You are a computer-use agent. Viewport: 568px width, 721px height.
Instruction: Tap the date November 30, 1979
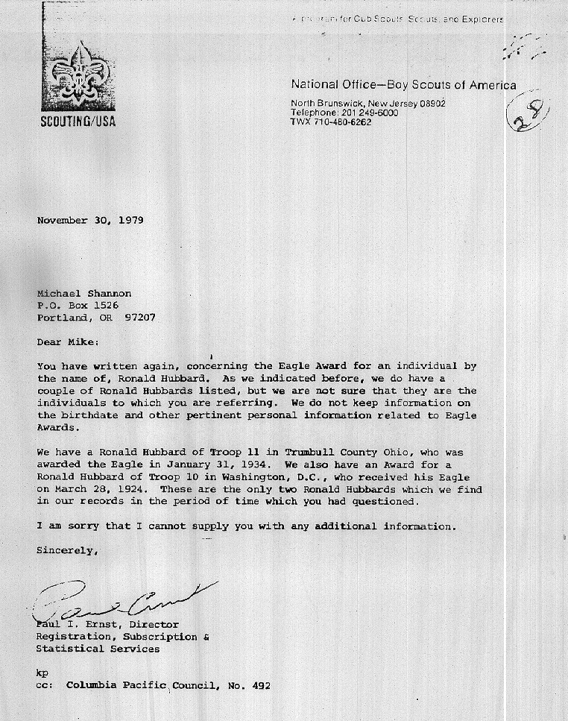90,221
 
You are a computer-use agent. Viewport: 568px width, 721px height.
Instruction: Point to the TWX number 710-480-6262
343,122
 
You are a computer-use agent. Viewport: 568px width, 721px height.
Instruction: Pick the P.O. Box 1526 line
78,305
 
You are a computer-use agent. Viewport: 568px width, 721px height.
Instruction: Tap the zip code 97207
140,317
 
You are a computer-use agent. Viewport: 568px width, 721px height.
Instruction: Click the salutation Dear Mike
67,342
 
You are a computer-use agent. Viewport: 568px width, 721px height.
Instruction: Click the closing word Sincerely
67,551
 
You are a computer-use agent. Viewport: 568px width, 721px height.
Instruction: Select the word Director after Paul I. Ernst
154,624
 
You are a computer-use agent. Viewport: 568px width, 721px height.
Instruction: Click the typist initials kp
42,673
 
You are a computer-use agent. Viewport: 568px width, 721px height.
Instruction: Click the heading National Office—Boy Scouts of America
403,86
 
